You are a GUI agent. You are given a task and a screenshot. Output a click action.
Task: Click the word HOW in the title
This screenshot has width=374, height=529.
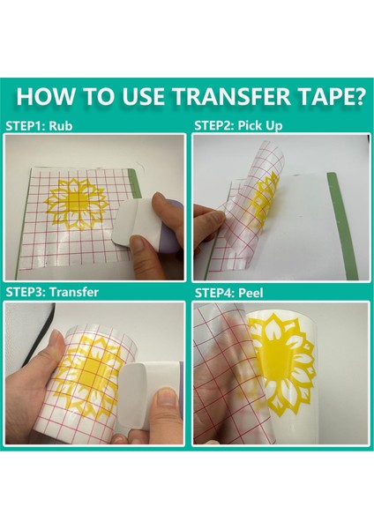(x=43, y=97)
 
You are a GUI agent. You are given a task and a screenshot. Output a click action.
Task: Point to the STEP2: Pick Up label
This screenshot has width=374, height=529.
(x=238, y=126)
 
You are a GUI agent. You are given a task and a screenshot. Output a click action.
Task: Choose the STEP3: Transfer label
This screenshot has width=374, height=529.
(x=52, y=292)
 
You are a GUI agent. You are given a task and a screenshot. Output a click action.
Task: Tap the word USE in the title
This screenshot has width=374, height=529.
(x=126, y=97)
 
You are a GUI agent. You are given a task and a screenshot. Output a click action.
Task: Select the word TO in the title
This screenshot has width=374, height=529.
(x=86, y=97)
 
